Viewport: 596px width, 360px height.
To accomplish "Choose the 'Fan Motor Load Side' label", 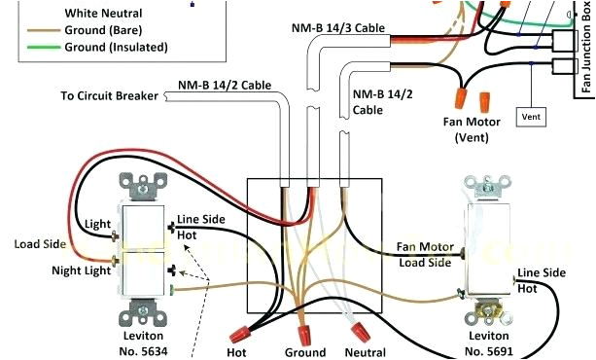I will (x=424, y=255).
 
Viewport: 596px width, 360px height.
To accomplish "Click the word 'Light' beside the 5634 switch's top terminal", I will (x=97, y=224).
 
